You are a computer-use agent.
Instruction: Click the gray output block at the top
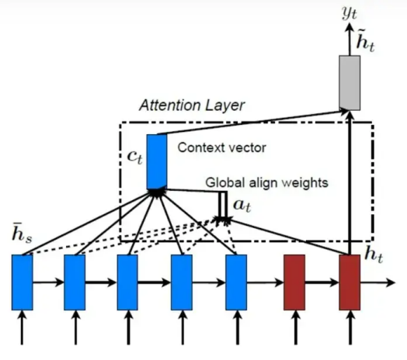(350, 83)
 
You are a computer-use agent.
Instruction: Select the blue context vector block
(157, 162)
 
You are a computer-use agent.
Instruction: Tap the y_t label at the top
(350, 13)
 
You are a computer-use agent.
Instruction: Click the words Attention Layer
(192, 106)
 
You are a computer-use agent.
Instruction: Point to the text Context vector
(222, 147)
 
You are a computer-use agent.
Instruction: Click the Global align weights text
(267, 182)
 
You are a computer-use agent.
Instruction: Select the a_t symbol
(242, 206)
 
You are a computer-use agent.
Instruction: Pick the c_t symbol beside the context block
(134, 157)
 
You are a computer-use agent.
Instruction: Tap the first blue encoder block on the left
(23, 282)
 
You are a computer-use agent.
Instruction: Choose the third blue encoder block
(127, 282)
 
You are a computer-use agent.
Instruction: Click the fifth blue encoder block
(236, 282)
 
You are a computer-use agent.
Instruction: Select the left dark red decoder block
(294, 282)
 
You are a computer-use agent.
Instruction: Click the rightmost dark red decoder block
(350, 282)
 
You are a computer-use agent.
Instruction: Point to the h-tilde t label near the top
(366, 41)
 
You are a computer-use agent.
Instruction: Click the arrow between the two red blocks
(322, 282)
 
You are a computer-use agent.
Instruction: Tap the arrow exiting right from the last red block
(377, 282)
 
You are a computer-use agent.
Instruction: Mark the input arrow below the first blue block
(23, 327)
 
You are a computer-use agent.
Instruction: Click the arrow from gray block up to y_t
(350, 39)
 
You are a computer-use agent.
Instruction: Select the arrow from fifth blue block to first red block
(266, 282)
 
